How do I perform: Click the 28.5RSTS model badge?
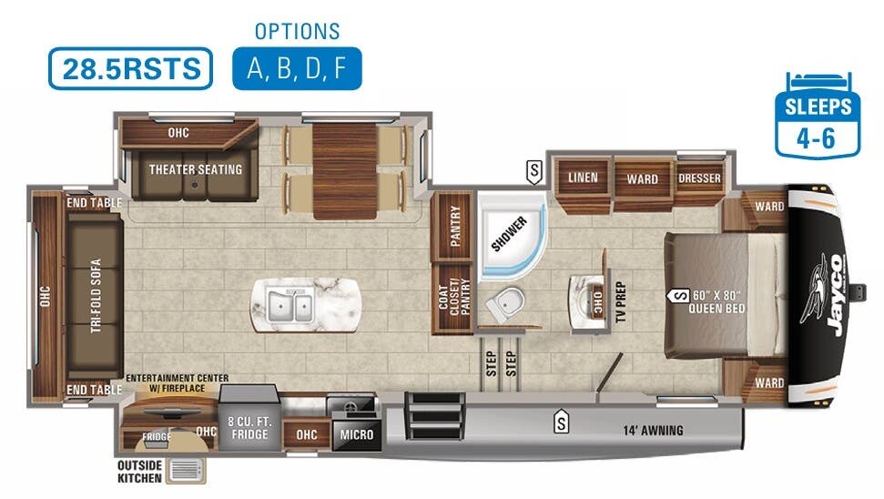coord(130,68)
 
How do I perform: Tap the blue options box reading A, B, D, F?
coord(297,68)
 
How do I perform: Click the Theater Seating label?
coord(196,169)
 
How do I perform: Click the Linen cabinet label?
coord(583,178)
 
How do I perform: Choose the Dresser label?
coord(699,178)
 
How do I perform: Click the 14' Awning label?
coord(652,430)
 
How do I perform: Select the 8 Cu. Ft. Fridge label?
coord(249,428)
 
